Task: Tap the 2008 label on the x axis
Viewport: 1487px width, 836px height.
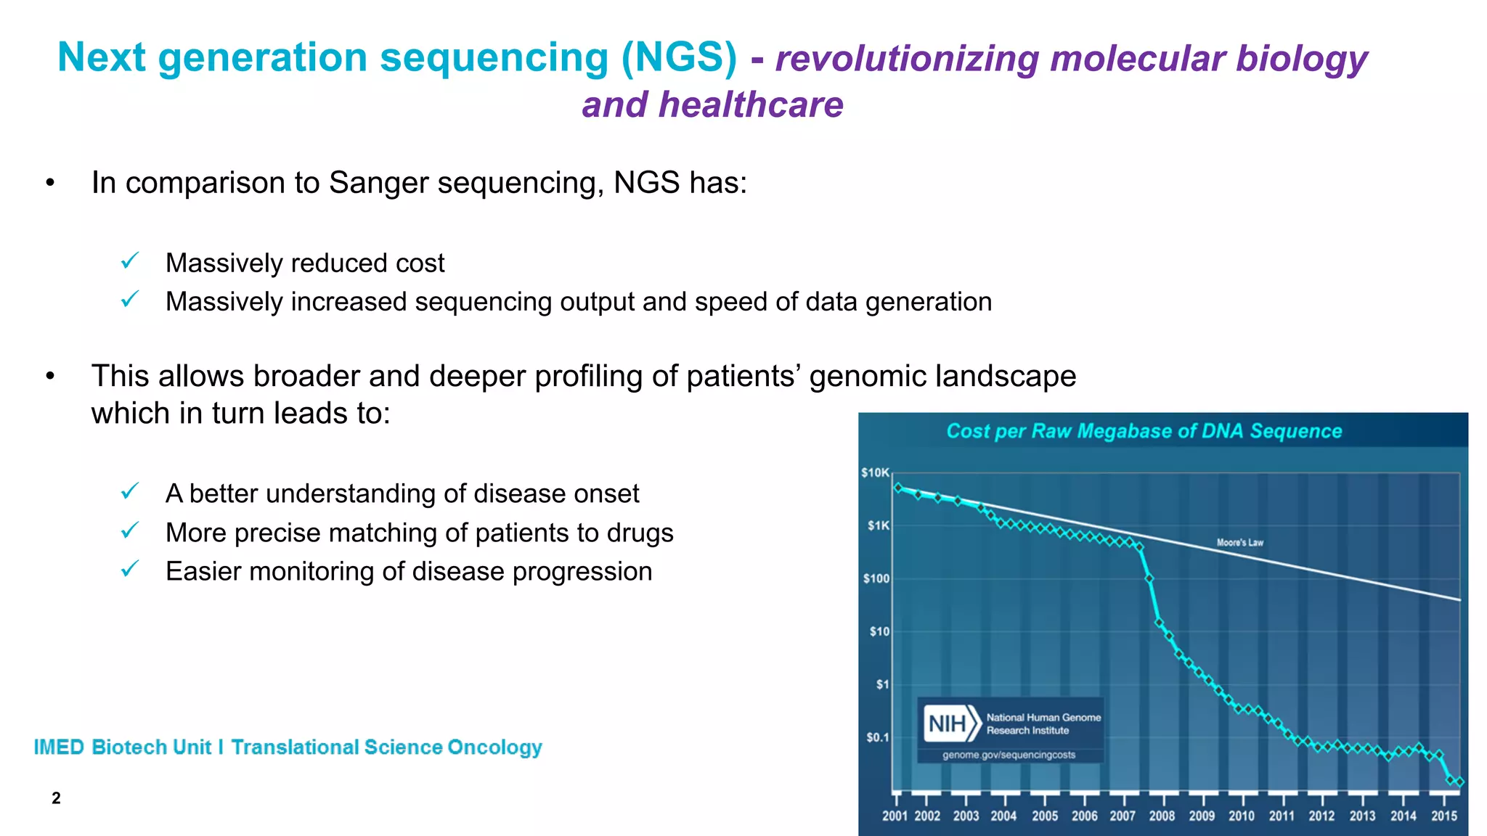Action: [x=1162, y=816]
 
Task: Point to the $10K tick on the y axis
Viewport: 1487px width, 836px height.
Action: [x=875, y=472]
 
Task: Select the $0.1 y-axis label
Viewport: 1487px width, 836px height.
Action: [x=877, y=737]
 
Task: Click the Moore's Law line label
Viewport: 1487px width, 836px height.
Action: [x=1239, y=542]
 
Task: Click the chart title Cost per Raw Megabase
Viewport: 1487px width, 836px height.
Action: [x=1144, y=431]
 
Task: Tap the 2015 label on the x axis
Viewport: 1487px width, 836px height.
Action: [x=1443, y=816]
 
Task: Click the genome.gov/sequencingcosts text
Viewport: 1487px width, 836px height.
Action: [x=1009, y=755]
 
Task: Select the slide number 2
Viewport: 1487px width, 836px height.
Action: [x=56, y=798]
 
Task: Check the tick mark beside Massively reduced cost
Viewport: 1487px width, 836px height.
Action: [x=130, y=261]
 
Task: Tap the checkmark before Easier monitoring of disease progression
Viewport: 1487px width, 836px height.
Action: [x=130, y=569]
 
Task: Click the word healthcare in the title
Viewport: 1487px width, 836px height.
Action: [x=751, y=104]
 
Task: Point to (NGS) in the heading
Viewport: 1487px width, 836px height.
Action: [x=679, y=57]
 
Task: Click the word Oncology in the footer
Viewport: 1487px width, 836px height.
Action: [x=494, y=747]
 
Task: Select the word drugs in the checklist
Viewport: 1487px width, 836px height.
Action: [x=640, y=533]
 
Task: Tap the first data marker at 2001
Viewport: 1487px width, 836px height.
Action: [x=898, y=488]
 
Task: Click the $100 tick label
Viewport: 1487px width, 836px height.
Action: [x=876, y=578]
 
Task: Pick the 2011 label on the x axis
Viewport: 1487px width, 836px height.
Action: [x=1282, y=816]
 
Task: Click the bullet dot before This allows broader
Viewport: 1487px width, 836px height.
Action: [x=50, y=376]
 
